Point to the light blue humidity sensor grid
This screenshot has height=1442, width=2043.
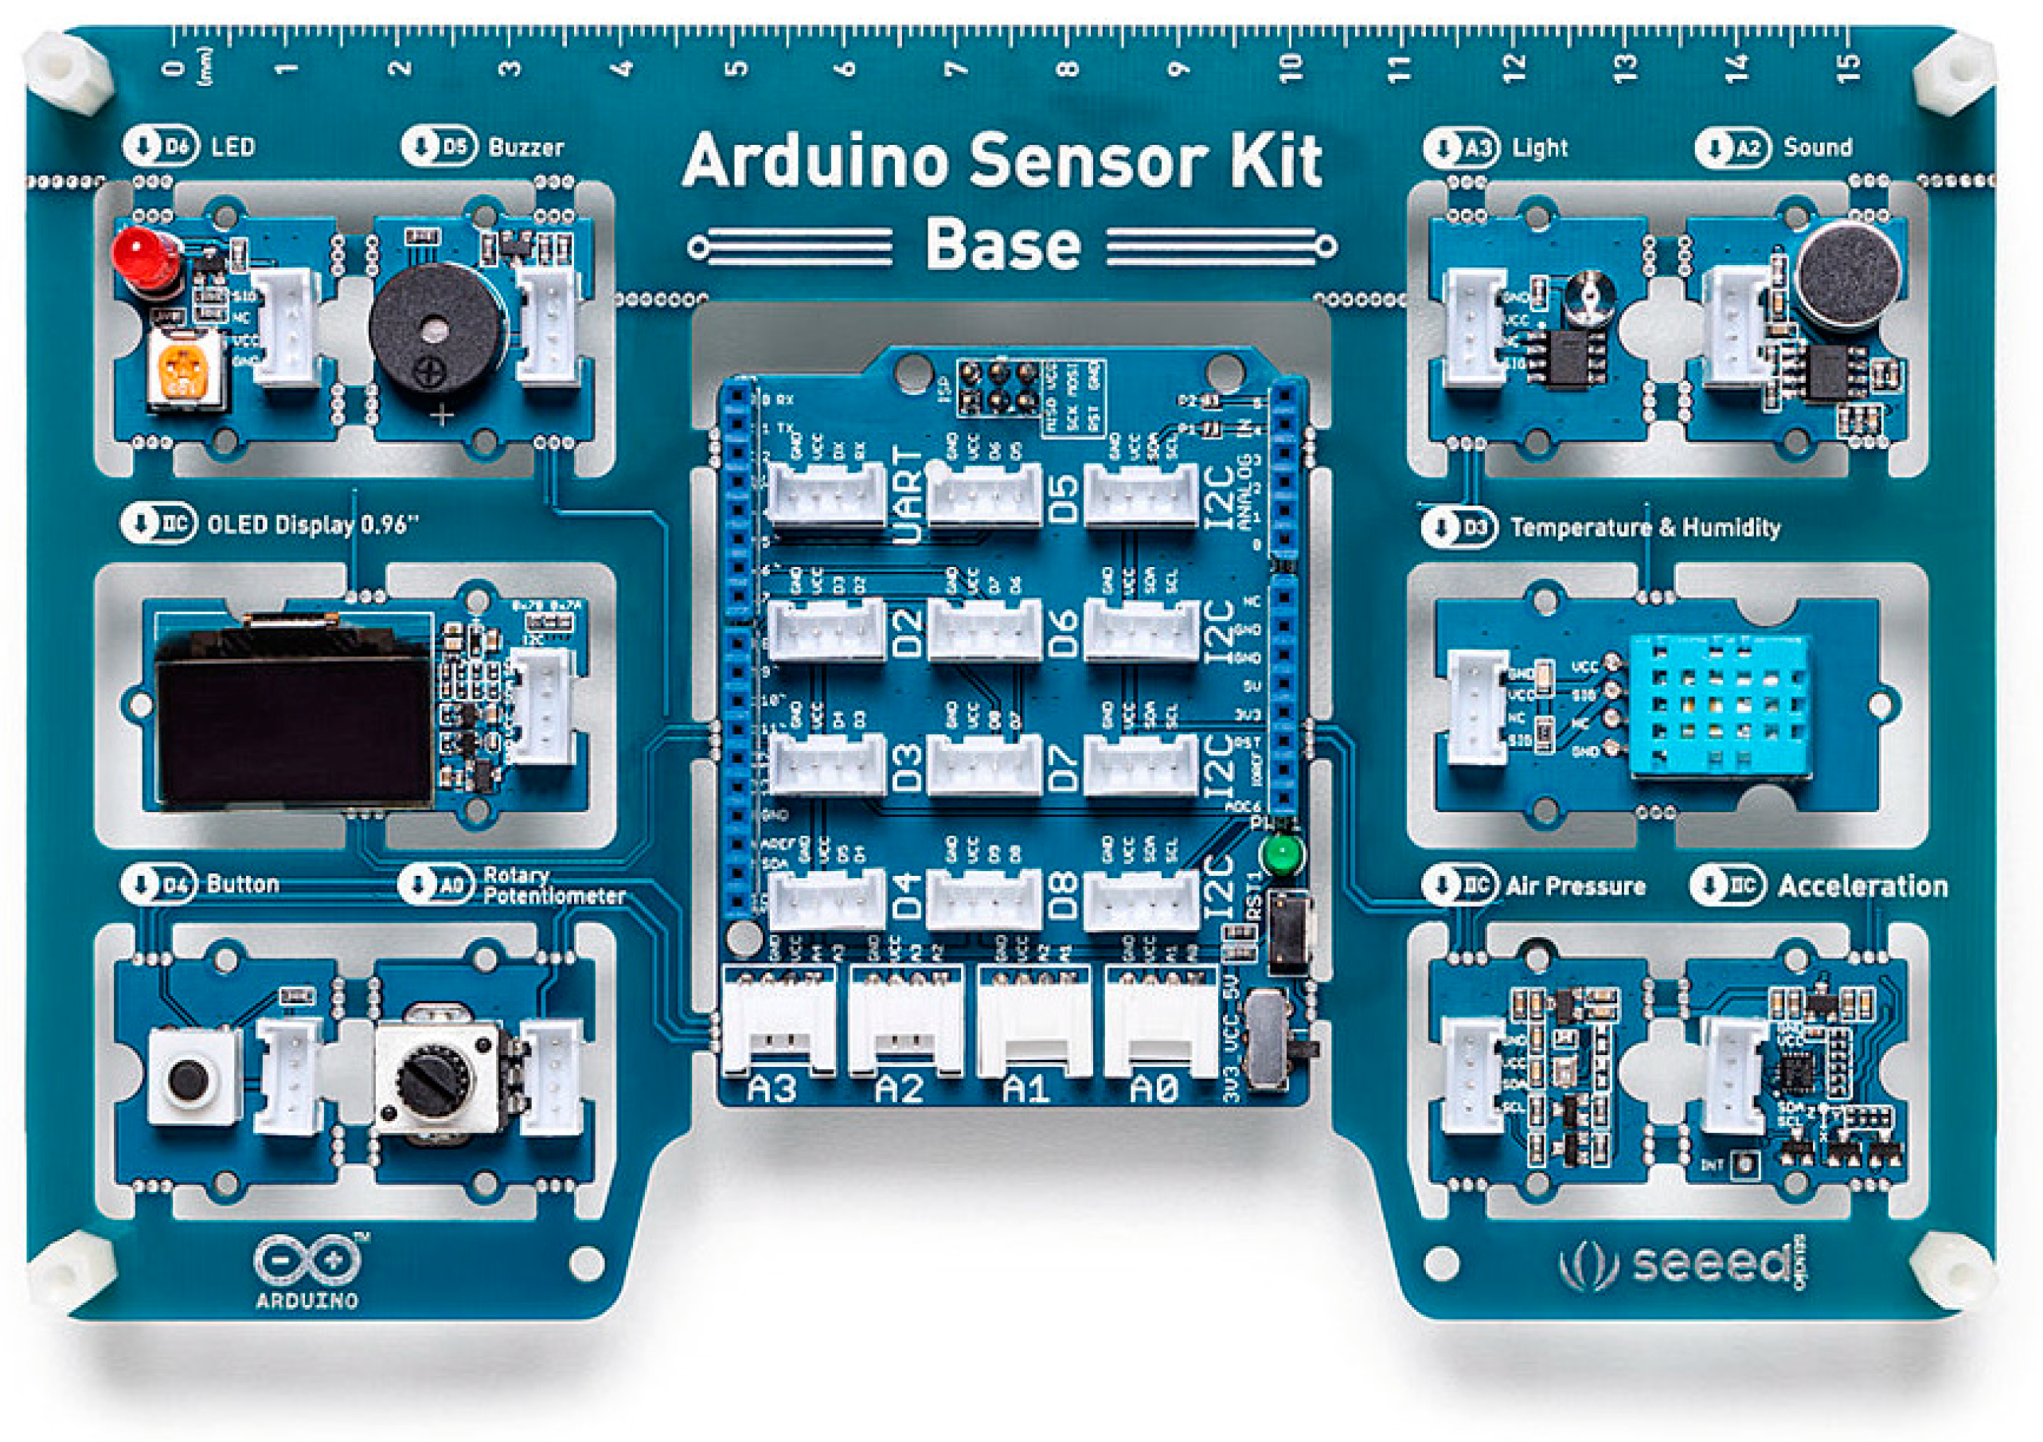tap(1717, 703)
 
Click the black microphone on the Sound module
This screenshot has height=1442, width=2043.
tap(1847, 272)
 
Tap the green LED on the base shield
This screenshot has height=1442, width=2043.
tap(1281, 856)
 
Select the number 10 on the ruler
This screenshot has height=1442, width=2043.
tap(1291, 68)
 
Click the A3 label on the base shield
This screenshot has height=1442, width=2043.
tap(771, 1088)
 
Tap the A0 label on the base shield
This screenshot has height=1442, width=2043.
tap(1154, 1088)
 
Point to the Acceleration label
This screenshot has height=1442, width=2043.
tap(1862, 885)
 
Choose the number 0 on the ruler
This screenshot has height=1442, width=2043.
tap(175, 68)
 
